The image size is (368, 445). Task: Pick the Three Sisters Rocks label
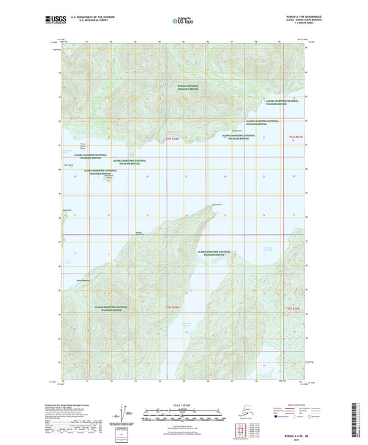coord(85,147)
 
